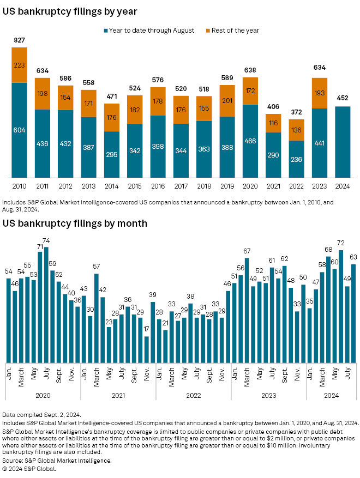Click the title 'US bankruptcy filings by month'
click(75, 223)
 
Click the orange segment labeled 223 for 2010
click(19, 65)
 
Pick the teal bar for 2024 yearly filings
click(343, 142)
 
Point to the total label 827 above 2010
click(19, 41)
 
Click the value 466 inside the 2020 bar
click(250, 140)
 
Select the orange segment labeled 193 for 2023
click(320, 93)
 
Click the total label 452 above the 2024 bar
click(343, 99)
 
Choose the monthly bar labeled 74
click(46, 304)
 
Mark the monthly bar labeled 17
click(147, 349)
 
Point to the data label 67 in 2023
click(247, 251)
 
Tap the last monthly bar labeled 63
click(353, 313)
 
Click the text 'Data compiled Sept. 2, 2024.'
click(42, 415)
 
